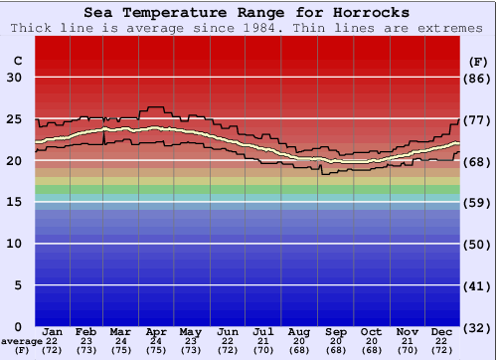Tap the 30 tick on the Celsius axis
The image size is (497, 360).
[15, 78]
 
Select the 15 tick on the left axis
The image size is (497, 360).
[15, 202]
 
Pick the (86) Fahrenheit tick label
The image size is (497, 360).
[478, 78]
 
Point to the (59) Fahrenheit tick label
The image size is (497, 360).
[478, 202]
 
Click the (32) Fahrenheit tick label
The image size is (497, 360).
[478, 326]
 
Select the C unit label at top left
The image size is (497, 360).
[18, 61]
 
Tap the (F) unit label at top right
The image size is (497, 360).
[478, 61]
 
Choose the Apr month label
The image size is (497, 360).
[156, 331]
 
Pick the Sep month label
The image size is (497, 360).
[335, 331]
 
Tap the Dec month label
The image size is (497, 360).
[442, 331]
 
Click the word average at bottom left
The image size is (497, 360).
[21, 341]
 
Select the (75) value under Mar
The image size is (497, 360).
[120, 350]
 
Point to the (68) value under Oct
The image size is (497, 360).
[371, 350]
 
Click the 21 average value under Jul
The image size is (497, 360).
[263, 341]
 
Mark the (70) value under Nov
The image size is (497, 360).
[407, 350]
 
